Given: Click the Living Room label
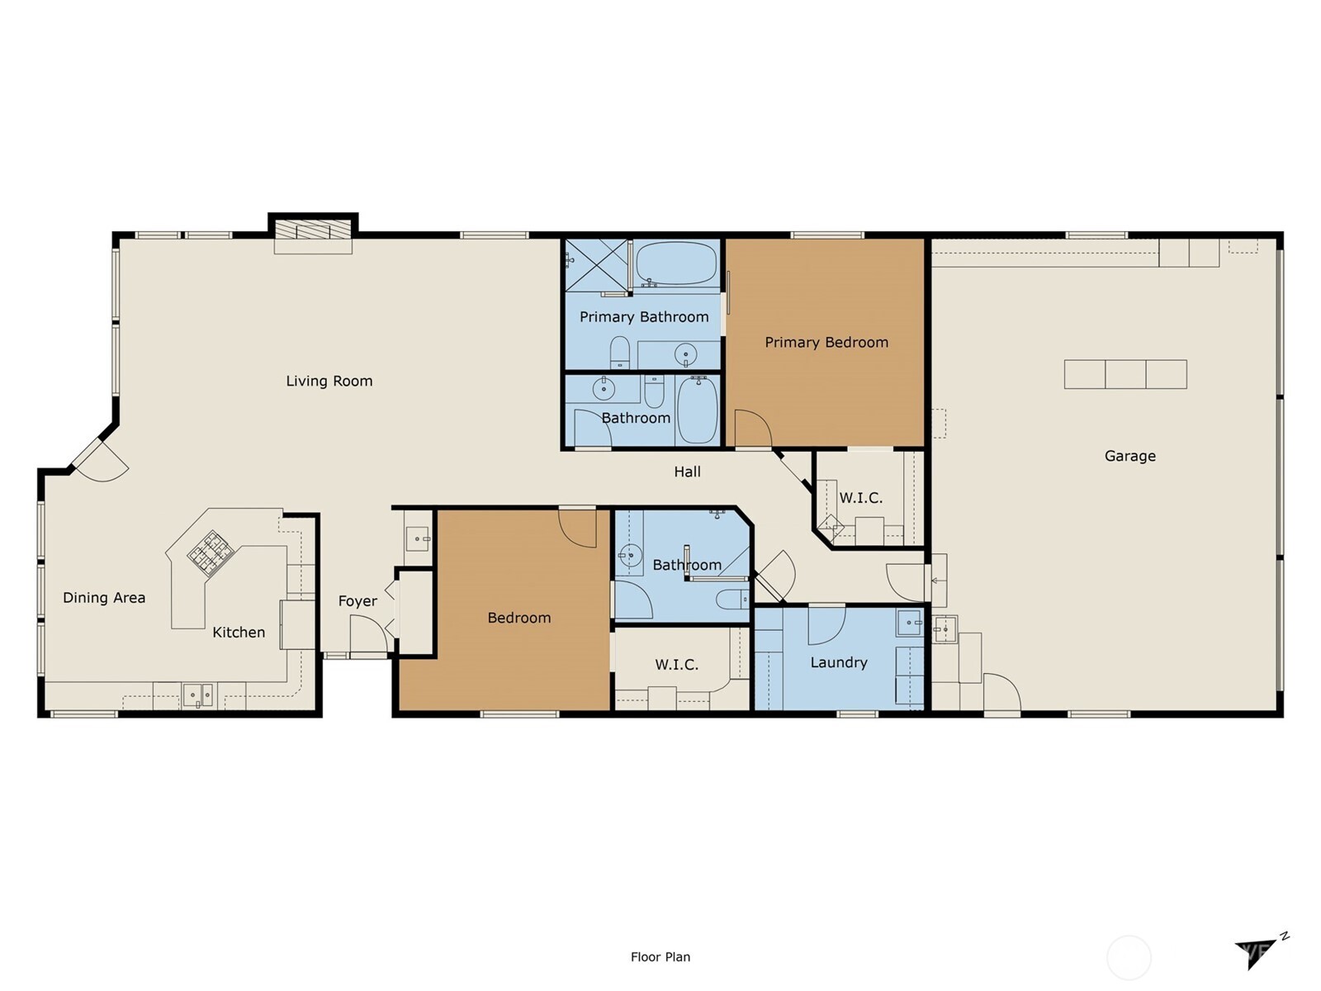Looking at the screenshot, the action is (x=329, y=381).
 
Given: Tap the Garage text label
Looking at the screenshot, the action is (x=1129, y=456).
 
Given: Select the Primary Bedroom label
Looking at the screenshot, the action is (x=826, y=343).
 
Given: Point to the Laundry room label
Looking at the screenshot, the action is (x=838, y=662).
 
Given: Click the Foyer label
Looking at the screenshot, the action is (x=357, y=601).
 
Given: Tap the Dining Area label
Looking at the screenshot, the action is (x=104, y=597).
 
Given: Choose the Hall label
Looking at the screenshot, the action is (x=687, y=472).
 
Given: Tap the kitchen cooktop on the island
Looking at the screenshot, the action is (x=210, y=553).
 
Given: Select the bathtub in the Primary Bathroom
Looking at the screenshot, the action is (x=676, y=263).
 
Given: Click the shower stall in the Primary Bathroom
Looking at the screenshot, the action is (x=596, y=265).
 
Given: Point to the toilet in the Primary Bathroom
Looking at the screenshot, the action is (x=619, y=353).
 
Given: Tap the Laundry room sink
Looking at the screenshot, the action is (x=909, y=622).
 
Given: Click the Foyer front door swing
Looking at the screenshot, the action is (x=368, y=635).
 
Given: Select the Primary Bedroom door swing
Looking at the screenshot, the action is (x=753, y=429).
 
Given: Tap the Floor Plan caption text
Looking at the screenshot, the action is (x=660, y=956).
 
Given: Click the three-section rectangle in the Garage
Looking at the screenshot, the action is (x=1125, y=374).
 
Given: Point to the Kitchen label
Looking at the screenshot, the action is (x=239, y=633).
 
